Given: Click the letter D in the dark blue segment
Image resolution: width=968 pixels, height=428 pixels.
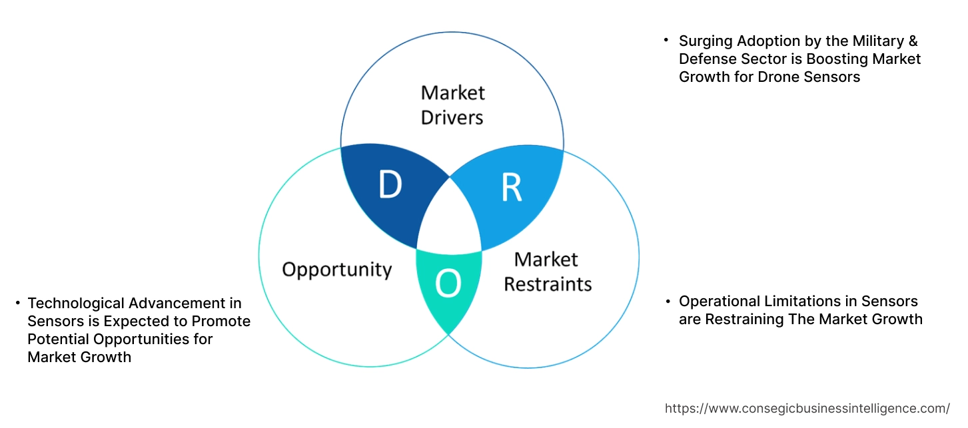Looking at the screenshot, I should [390, 186].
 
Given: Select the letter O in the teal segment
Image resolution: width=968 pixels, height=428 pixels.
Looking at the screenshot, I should [448, 284].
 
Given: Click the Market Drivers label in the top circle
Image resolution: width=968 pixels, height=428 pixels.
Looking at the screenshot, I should [453, 105].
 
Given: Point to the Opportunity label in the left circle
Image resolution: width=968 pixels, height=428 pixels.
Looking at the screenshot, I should [336, 270].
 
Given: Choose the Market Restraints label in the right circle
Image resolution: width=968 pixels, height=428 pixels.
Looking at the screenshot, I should [547, 271].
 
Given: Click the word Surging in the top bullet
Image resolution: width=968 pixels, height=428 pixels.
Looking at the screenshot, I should [707, 41].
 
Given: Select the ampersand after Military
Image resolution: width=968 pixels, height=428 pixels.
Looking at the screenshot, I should [912, 41].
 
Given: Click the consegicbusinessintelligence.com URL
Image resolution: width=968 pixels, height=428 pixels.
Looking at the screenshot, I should [807, 408].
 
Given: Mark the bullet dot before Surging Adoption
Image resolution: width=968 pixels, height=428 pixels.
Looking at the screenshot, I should [666, 41].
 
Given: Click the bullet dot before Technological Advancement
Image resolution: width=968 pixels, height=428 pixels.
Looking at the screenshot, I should [18, 304].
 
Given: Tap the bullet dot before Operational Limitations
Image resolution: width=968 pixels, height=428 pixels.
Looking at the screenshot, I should [668, 302].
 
